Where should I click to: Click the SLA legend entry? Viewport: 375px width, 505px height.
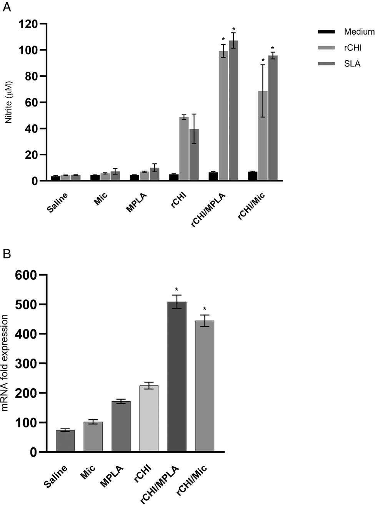pos(352,64)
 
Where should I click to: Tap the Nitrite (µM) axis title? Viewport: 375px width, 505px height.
pos(9,102)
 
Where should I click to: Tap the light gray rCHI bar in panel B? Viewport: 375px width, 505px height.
pos(149,419)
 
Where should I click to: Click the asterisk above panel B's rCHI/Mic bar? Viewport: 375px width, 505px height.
pos(205,309)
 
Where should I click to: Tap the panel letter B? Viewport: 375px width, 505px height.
pos(6,254)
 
